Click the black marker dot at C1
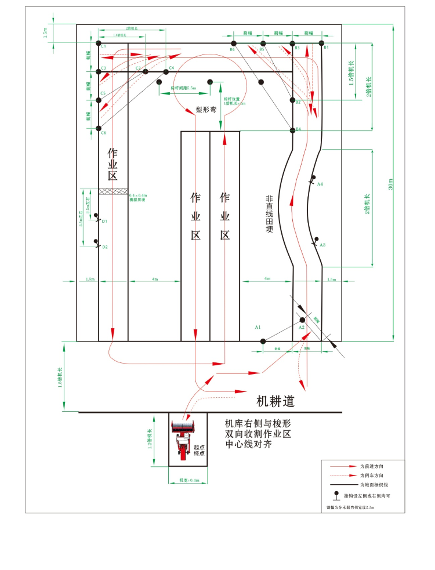[99, 43]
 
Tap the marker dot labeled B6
[233, 43]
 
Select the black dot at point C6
[99, 128]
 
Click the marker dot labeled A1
[262, 341]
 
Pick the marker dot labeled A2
[302, 320]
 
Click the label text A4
[320, 184]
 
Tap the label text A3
[322, 245]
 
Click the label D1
[105, 222]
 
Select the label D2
[105, 247]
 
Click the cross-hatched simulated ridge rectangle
[113, 191]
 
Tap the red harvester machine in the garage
[184, 441]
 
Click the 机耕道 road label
[275, 401]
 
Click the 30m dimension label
[391, 184]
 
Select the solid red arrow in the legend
[342, 466]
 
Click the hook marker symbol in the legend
[336, 496]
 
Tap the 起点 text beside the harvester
[200, 447]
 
